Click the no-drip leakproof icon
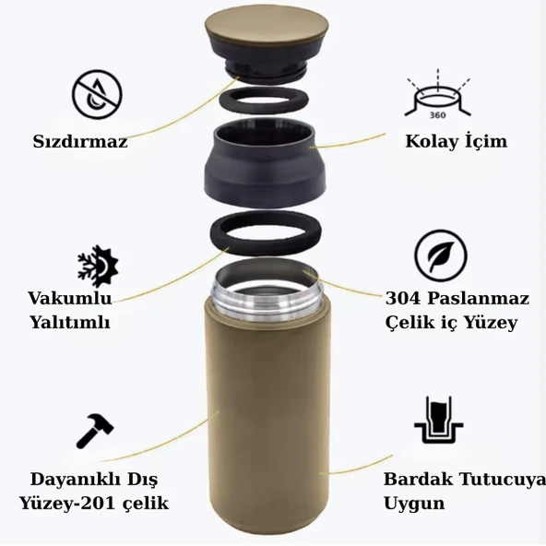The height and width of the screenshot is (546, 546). tap(97, 93)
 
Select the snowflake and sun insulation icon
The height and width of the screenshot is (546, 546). tap(98, 266)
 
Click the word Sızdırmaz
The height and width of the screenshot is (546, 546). tap(80, 142)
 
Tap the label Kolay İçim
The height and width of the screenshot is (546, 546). tap(456, 141)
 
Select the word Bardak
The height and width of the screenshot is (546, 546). tap(416, 481)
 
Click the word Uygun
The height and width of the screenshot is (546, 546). tap(414, 504)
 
